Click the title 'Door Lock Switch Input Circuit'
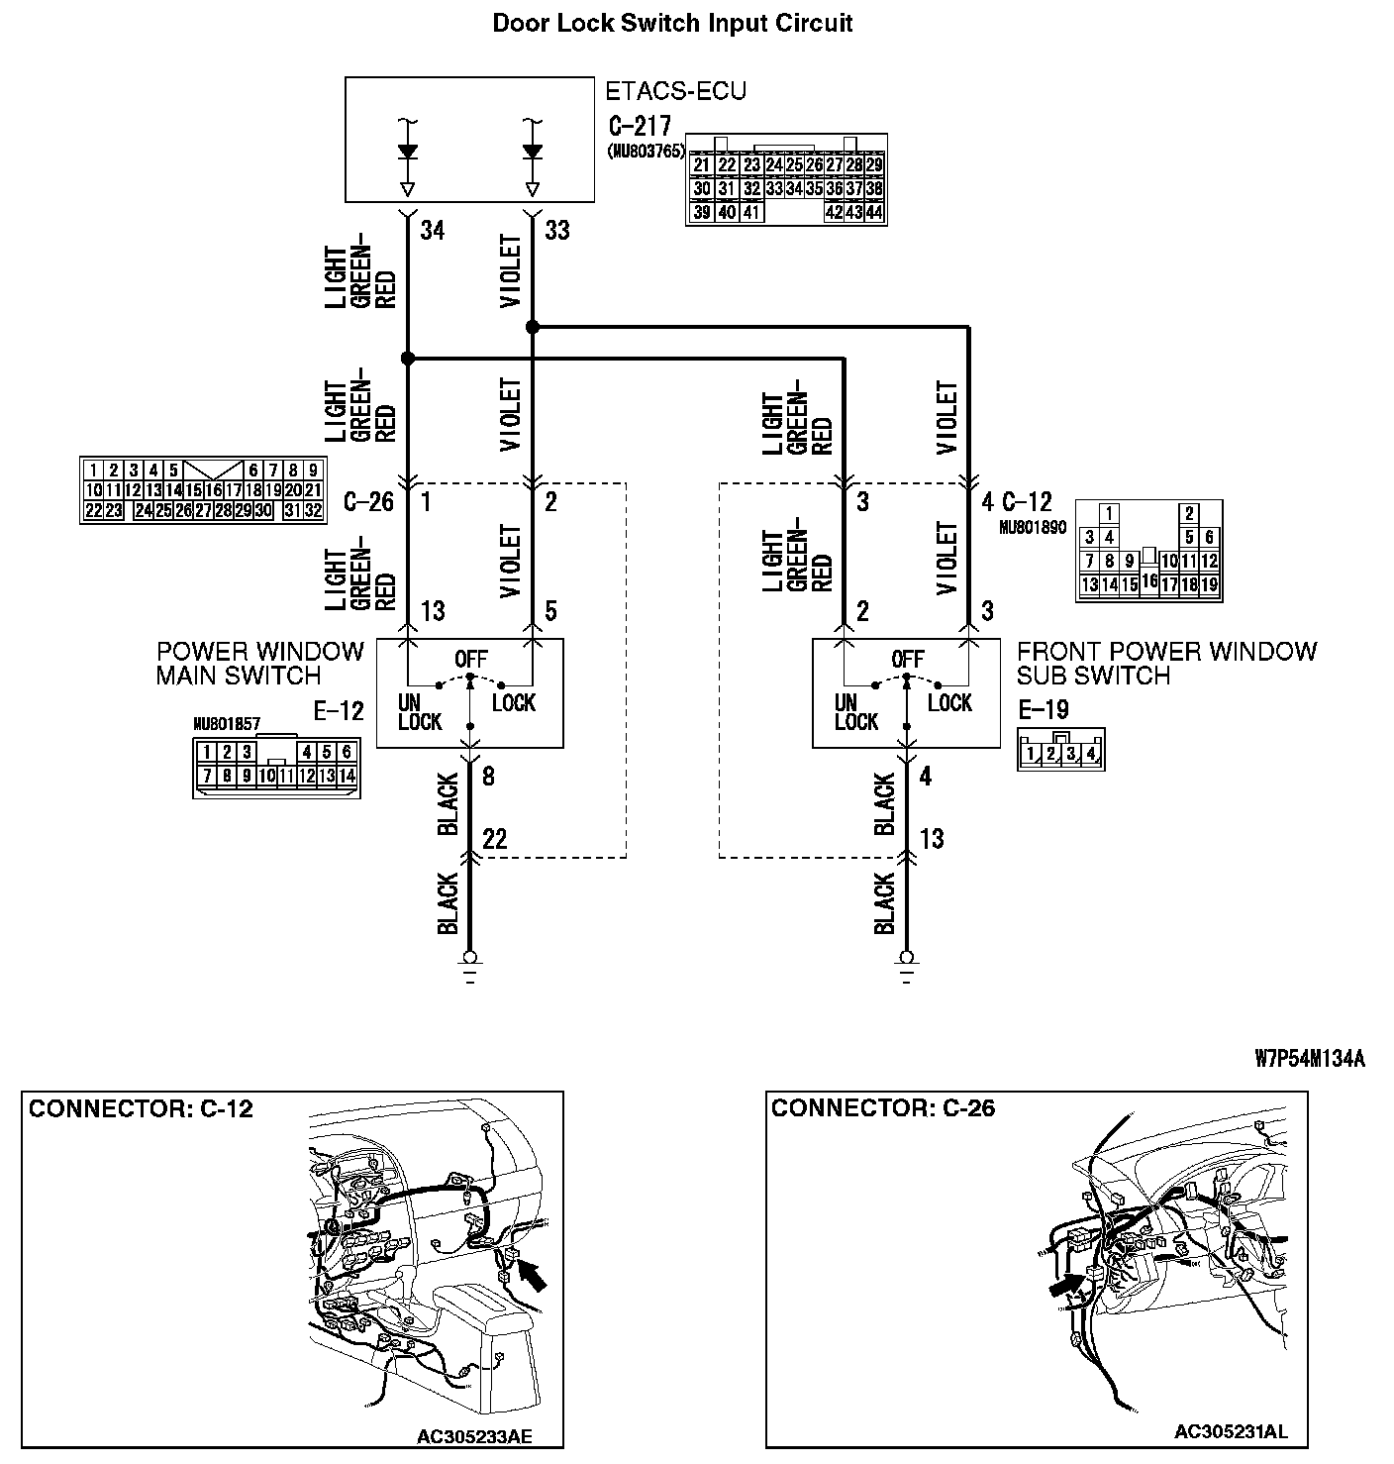tap(672, 24)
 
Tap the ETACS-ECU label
tap(675, 92)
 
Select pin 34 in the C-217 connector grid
tap(794, 188)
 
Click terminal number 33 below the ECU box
tap(557, 231)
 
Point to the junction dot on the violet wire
tap(533, 326)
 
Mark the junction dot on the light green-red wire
tap(407, 358)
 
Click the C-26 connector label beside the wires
tap(368, 503)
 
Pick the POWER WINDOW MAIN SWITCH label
tap(260, 664)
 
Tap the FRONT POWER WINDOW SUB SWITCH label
tap(1166, 664)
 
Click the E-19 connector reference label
tap(1043, 709)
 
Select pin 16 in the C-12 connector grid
tap(1148, 581)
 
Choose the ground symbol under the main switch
tap(470, 963)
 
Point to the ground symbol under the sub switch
tap(906, 963)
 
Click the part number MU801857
tap(227, 724)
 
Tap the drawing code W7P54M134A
tap(1310, 1059)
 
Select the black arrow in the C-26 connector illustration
tap(1063, 1285)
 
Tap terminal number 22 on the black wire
tap(494, 840)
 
